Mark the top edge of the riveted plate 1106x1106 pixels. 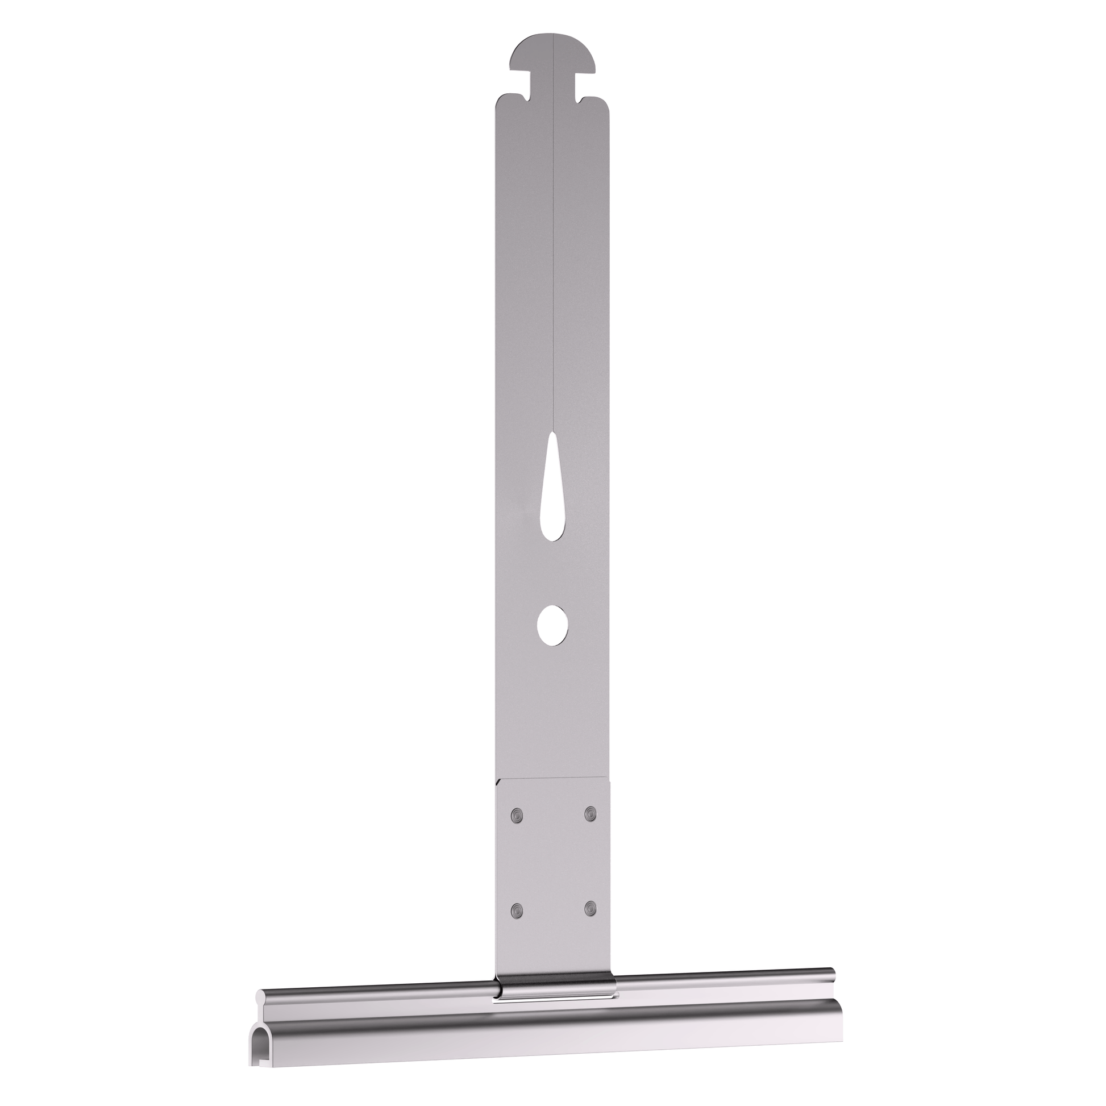(554, 779)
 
